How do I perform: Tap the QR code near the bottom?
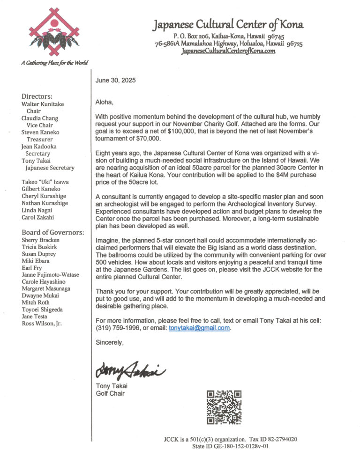pos(224,407)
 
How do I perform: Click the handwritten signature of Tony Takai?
pos(130,370)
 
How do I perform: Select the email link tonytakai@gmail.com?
pos(199,328)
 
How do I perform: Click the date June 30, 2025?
pos(115,81)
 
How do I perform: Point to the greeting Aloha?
pos(105,102)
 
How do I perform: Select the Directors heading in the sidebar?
pos(37,96)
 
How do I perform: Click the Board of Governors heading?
pos(53,232)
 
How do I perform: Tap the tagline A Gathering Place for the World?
pos(54,63)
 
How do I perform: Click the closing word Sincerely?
pos(110,342)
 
